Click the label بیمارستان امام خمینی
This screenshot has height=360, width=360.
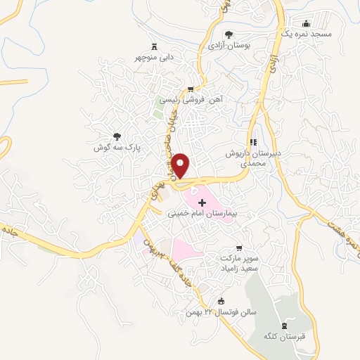(x=204, y=212)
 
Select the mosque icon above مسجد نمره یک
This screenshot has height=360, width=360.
(x=305, y=22)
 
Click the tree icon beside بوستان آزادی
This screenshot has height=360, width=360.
(x=228, y=34)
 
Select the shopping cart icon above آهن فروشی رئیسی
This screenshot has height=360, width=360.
(x=190, y=89)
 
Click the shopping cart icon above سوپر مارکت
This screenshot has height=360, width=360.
(x=239, y=247)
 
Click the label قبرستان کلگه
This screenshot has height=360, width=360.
(x=285, y=335)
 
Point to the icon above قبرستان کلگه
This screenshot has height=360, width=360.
(x=284, y=325)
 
